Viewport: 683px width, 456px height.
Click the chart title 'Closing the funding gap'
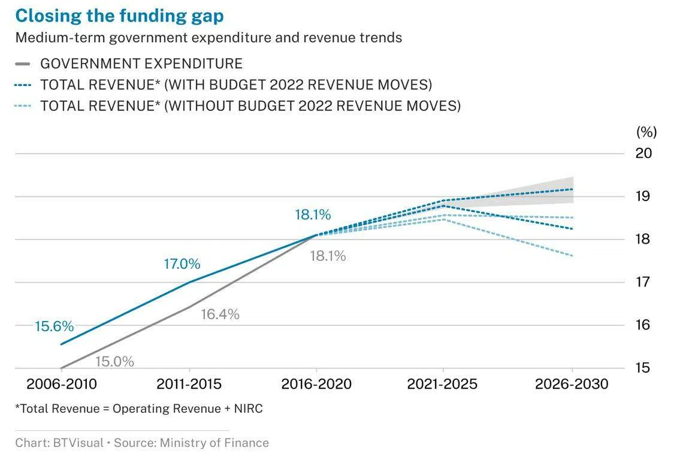coord(119,16)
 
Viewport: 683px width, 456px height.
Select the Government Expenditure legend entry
coord(141,64)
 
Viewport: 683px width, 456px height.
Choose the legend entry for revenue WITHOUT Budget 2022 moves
coord(250,106)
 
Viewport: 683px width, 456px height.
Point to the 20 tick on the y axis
coord(643,153)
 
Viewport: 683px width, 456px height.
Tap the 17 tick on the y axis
coord(643,282)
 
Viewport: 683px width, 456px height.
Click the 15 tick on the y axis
coord(643,368)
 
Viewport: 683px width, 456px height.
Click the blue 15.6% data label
coord(54,327)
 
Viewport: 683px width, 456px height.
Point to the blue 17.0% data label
coord(182,264)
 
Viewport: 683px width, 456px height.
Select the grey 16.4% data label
coord(220,314)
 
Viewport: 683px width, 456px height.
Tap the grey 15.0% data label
coord(114,362)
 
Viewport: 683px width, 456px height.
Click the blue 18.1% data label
coord(313,215)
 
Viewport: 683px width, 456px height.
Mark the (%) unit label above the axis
coord(646,132)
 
